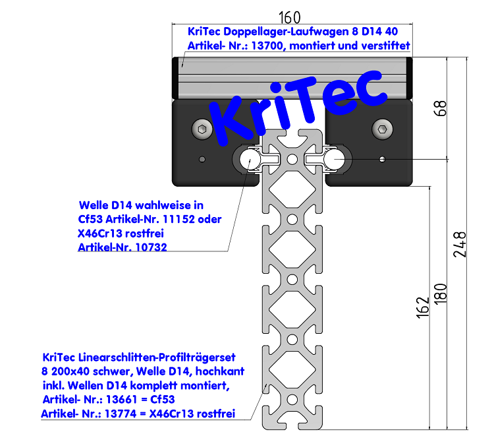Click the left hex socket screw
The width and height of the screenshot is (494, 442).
pyautogui.click(x=202, y=129)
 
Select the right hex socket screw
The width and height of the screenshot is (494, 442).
pyautogui.click(x=382, y=129)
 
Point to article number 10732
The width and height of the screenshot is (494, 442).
pyautogui.click(x=147, y=247)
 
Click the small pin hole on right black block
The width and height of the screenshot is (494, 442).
pyautogui.click(x=382, y=158)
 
